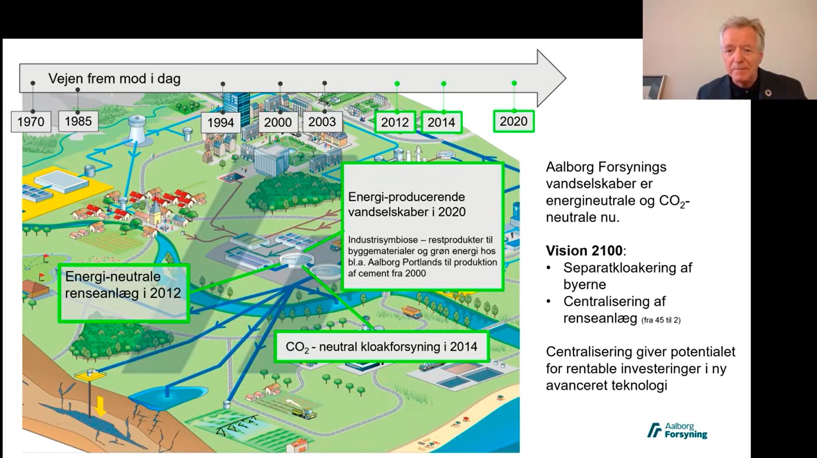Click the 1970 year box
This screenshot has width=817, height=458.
point(31,122)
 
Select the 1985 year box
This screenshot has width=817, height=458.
point(78,121)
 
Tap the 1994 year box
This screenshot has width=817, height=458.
point(220,122)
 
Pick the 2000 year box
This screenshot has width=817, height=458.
point(278,122)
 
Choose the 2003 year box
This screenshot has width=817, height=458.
point(322,122)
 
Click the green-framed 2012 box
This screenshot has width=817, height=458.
point(395,122)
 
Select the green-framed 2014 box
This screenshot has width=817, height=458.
point(442,122)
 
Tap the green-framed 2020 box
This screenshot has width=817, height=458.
point(514,121)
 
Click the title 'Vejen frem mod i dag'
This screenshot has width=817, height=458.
point(115,78)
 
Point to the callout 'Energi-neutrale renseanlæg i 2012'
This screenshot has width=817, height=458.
point(123,293)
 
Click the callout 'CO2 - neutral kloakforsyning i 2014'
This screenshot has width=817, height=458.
point(381,347)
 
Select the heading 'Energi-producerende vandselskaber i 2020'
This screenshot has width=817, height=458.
point(407,204)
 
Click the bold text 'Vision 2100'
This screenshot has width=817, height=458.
point(584,251)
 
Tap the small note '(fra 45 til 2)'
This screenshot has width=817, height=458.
point(661,320)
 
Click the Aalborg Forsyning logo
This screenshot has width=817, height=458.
point(677,430)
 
